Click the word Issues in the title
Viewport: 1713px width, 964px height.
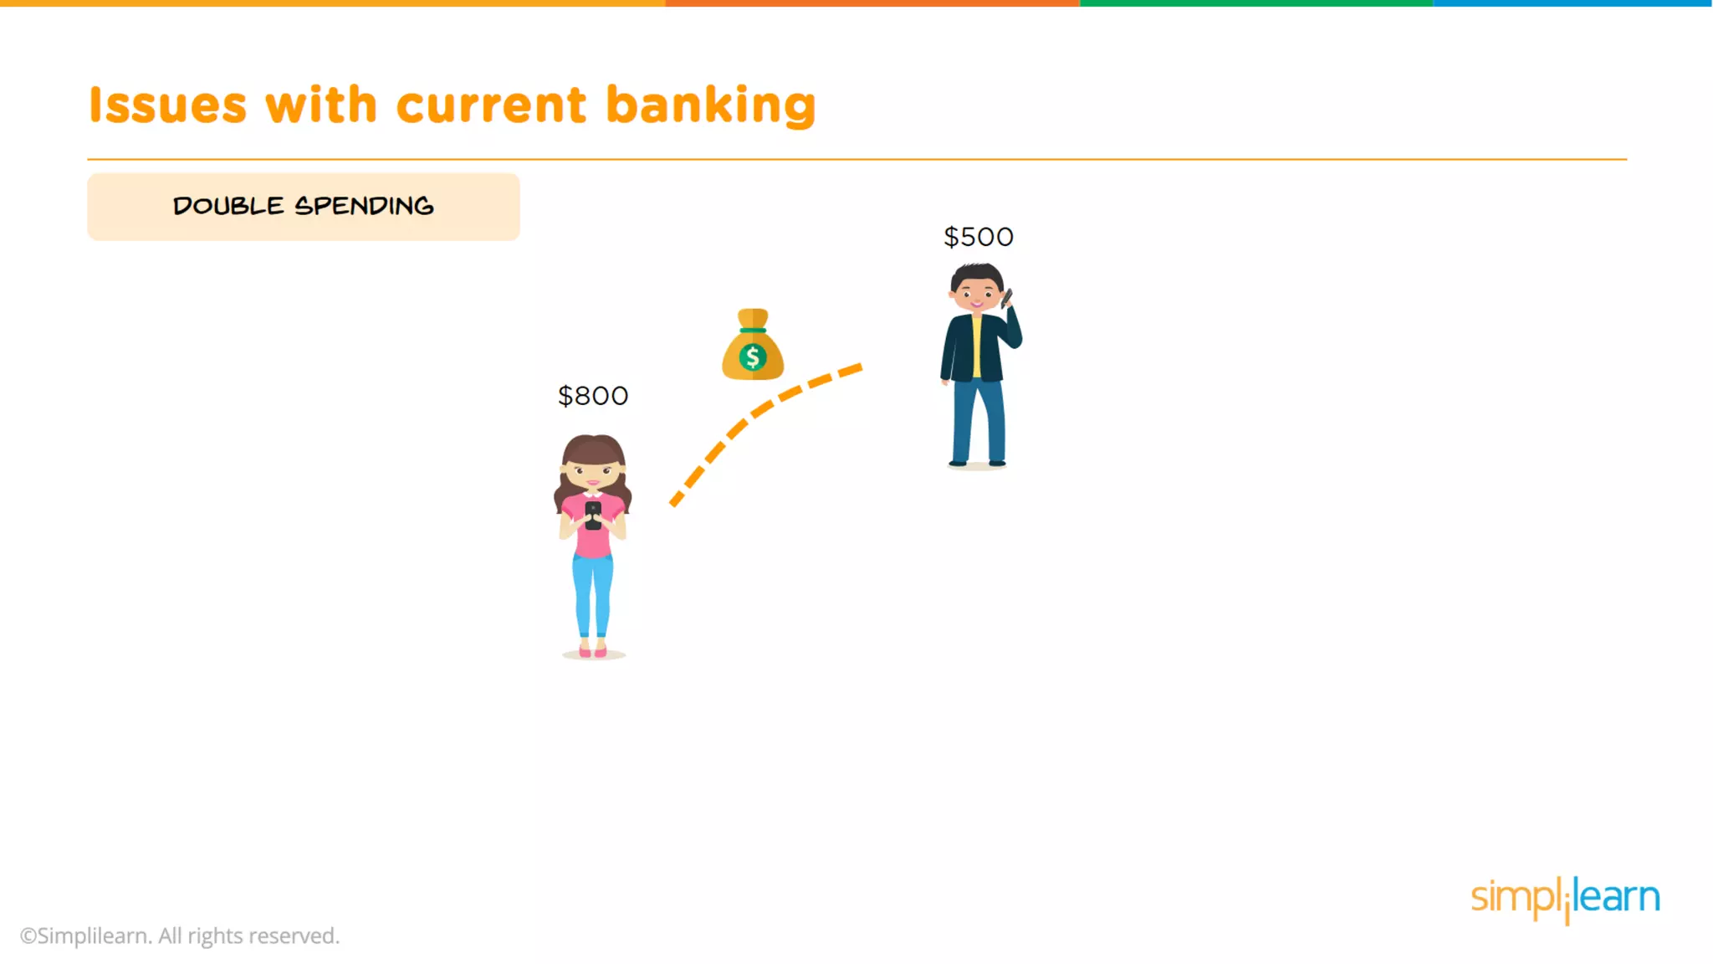click(168, 105)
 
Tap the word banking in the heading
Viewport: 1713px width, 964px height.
click(710, 105)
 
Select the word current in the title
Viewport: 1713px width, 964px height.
click(491, 105)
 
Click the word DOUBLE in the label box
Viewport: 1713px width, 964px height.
click(228, 206)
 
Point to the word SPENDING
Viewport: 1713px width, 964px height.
click(364, 206)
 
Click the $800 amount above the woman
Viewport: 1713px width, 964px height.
click(593, 396)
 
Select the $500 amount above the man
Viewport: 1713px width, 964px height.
click(979, 237)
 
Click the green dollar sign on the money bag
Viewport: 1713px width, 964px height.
click(753, 357)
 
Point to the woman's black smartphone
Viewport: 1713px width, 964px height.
click(593, 515)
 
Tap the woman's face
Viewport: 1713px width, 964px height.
click(593, 472)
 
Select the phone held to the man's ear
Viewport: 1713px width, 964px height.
click(1007, 297)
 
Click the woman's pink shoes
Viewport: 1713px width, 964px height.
click(593, 651)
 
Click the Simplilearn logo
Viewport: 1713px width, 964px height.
click(1565, 899)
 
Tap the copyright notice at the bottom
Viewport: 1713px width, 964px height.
click(180, 936)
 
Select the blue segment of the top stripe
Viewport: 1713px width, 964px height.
click(1572, 3)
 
